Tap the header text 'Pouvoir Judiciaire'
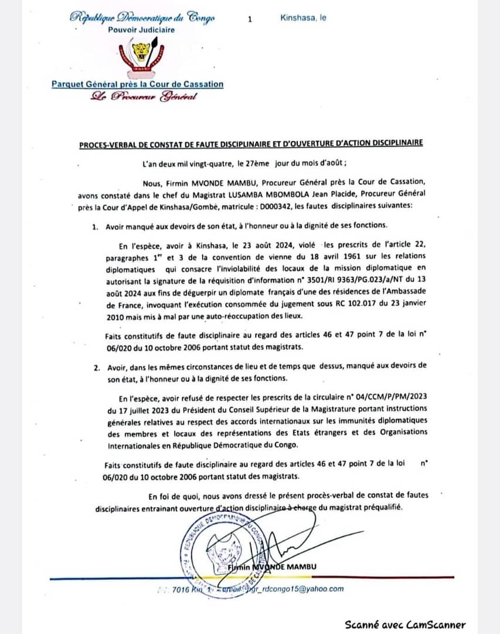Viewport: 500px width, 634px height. pos(141,30)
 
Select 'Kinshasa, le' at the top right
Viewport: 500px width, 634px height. pos(303,18)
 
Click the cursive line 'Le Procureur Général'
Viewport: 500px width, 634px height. pos(143,96)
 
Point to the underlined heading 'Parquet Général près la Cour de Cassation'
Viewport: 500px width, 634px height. pos(137,84)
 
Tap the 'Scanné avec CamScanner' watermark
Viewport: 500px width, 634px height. pos(404,625)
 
